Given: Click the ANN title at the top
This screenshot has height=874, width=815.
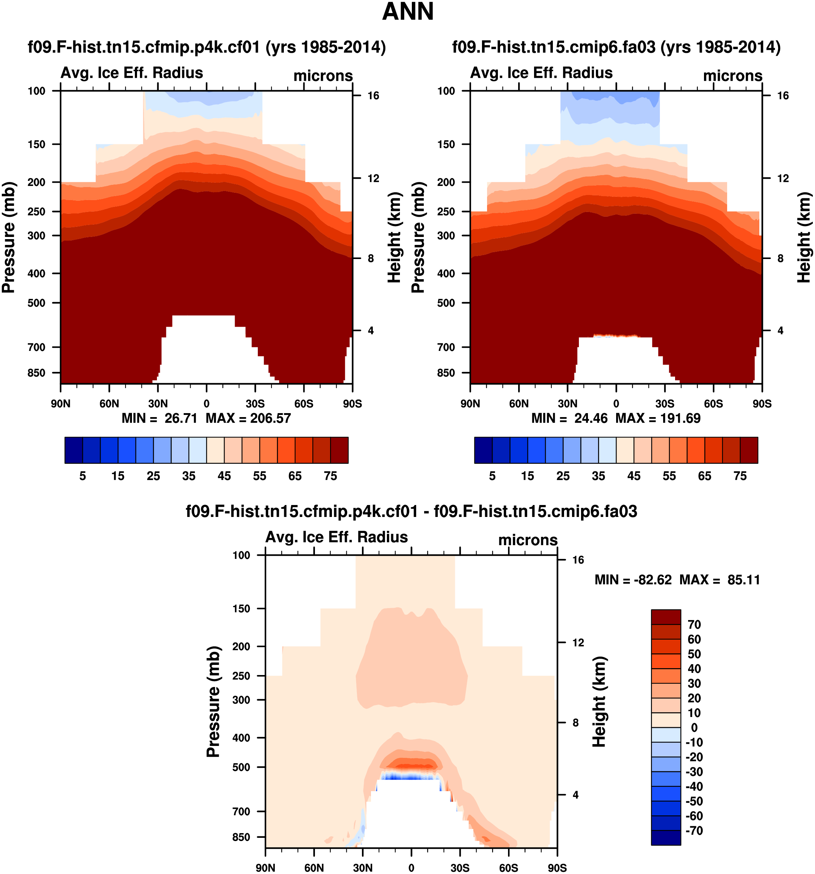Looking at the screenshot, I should (408, 12).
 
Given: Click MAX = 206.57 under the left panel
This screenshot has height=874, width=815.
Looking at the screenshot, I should (248, 418).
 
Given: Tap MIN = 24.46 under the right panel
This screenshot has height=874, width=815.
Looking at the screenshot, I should (569, 418).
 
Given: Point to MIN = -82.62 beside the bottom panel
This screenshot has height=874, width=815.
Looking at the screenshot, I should (633, 580).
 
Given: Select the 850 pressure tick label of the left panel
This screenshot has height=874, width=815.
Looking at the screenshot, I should (37, 373).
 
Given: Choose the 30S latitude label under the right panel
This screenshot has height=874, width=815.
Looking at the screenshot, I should (664, 404).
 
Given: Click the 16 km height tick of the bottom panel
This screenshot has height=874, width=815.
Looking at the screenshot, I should (578, 560).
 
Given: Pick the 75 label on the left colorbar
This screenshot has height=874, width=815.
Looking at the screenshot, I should (330, 476).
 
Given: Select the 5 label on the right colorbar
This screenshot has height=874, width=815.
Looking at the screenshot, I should (492, 476).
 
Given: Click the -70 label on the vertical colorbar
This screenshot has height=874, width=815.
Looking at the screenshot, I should (694, 831).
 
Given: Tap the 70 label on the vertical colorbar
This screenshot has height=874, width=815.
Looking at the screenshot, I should (694, 625).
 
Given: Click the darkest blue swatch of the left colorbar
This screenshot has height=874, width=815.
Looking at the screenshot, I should (73, 450).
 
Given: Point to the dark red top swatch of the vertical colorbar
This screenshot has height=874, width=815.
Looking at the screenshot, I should (666, 617).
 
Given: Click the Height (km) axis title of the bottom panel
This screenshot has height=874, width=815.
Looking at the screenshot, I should (599, 702).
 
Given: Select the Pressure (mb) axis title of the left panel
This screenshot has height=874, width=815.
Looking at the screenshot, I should (9, 237).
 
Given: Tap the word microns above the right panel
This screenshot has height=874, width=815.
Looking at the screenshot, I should (733, 76).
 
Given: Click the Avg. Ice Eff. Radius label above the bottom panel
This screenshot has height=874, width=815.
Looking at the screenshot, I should (337, 537).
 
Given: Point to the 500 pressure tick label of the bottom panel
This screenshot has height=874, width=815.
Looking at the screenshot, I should (241, 767).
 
